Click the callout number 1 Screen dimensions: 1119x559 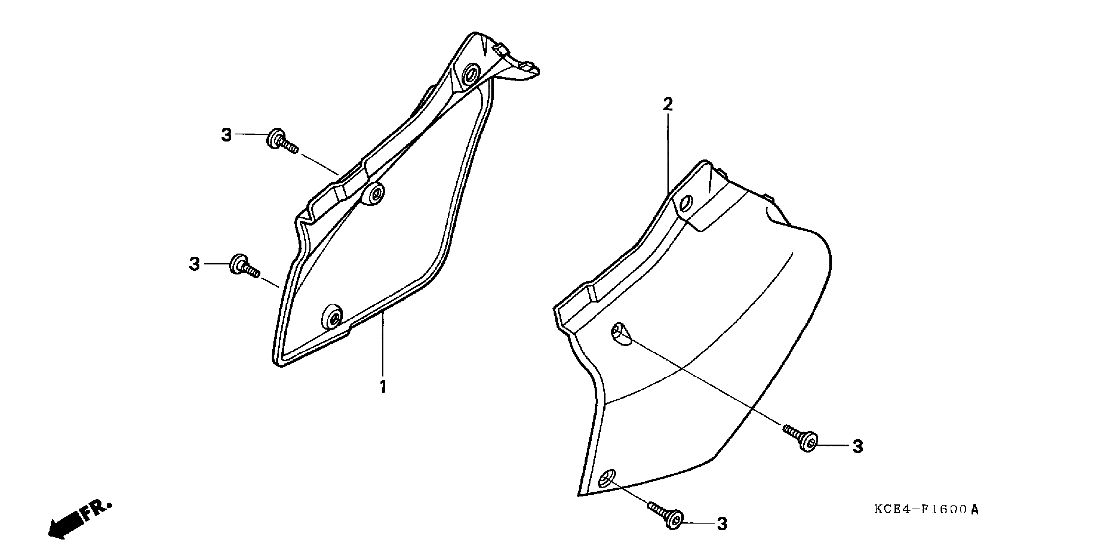(x=383, y=387)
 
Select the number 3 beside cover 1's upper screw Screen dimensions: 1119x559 (x=226, y=135)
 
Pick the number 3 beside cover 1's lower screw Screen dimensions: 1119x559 (x=194, y=264)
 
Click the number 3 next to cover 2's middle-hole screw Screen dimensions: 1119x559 (x=857, y=447)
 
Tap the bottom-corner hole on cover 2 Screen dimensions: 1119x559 (x=606, y=479)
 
